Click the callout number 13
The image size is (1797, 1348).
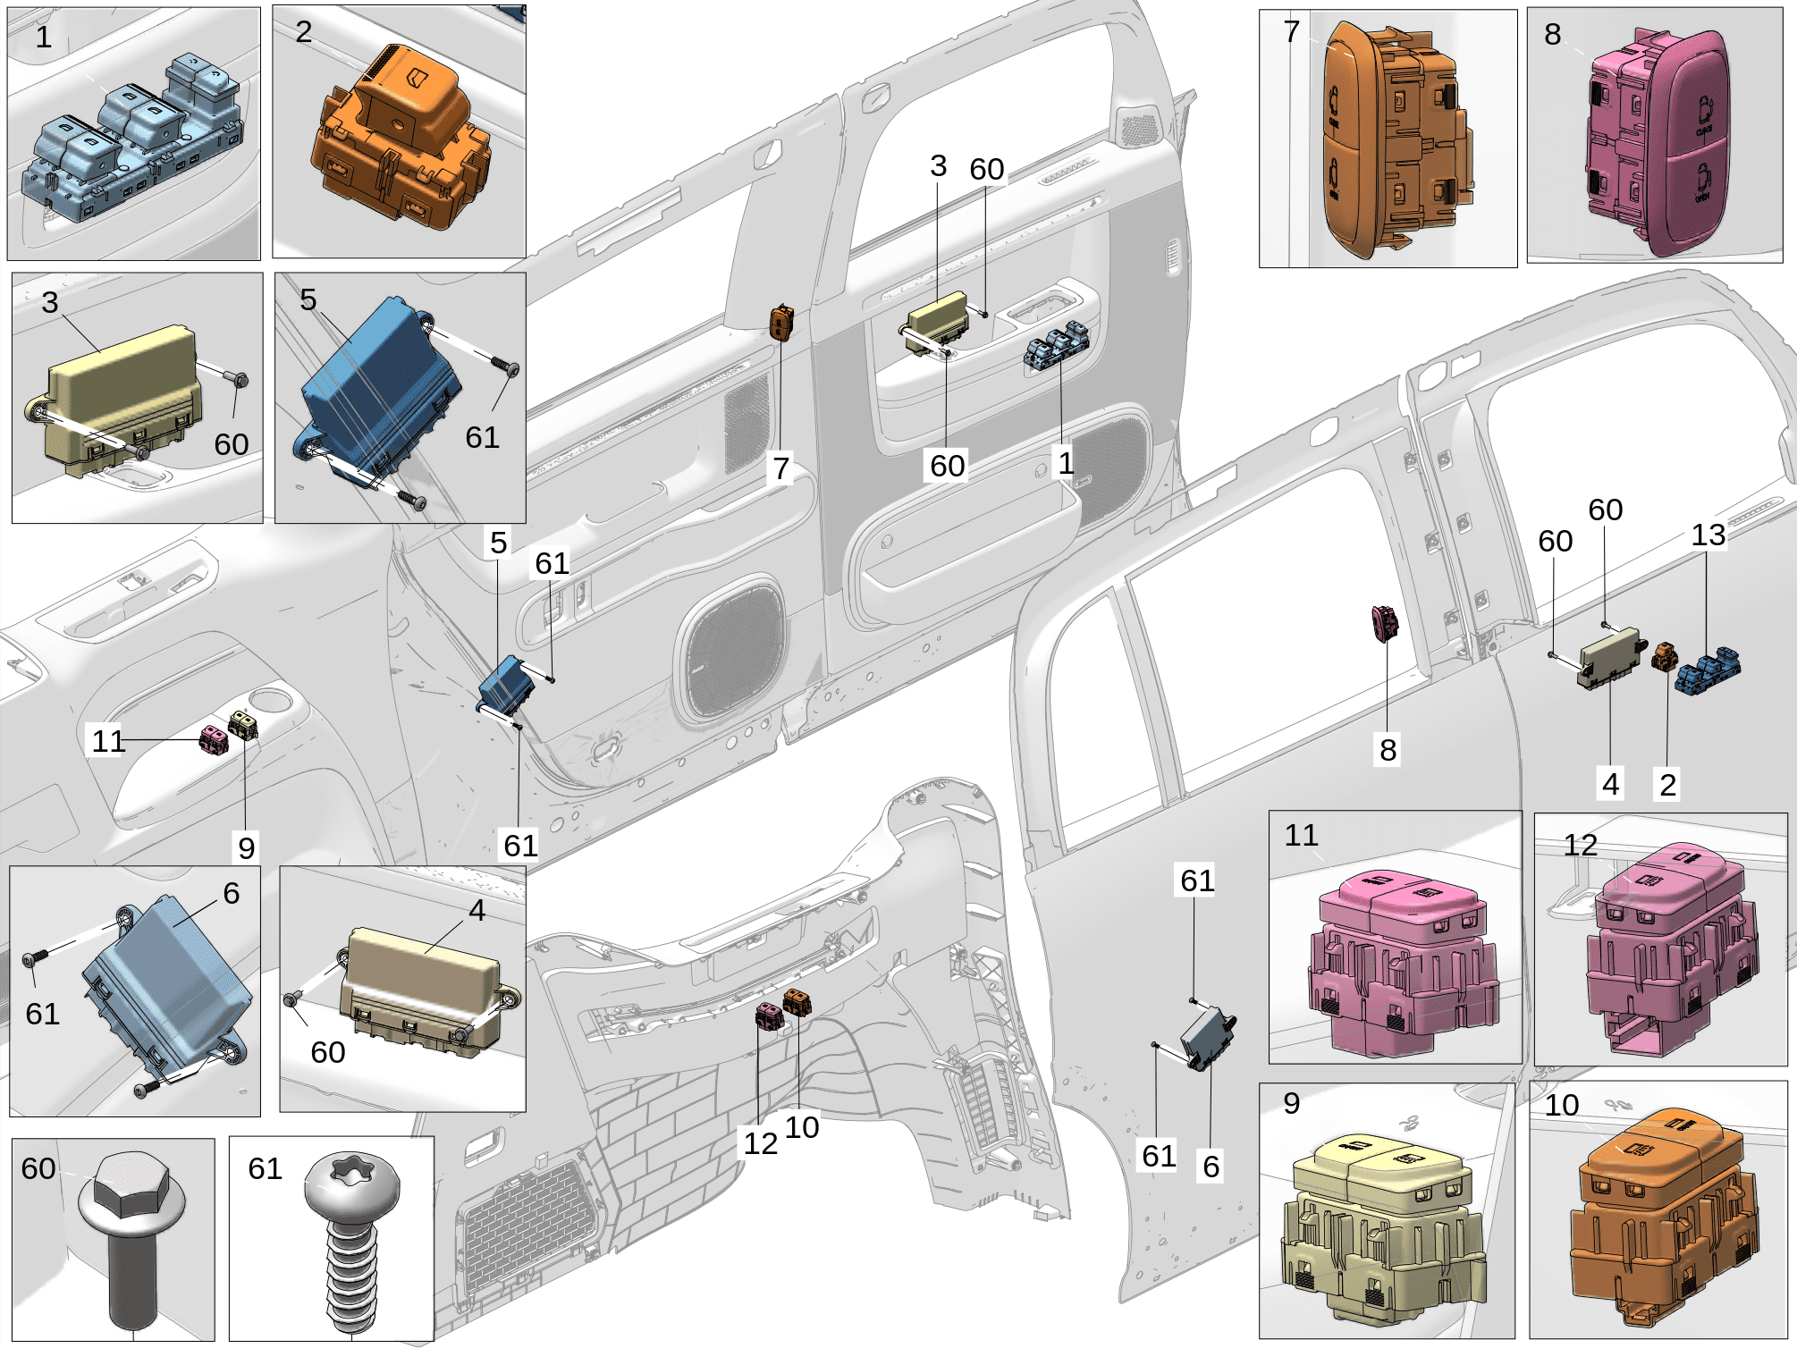pos(1708,535)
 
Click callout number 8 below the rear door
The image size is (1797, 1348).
pos(1388,750)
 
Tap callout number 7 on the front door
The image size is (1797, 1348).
pos(781,468)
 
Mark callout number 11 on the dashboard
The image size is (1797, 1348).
pos(108,741)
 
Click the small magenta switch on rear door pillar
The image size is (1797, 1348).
pos(1385,623)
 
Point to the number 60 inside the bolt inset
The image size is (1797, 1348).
pos(38,1168)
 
